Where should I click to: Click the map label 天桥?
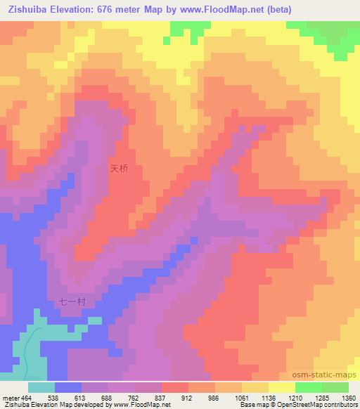(x=119, y=169)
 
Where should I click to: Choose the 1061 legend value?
(x=242, y=397)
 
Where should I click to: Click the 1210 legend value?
(x=295, y=397)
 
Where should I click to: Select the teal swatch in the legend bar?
(x=41, y=387)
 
